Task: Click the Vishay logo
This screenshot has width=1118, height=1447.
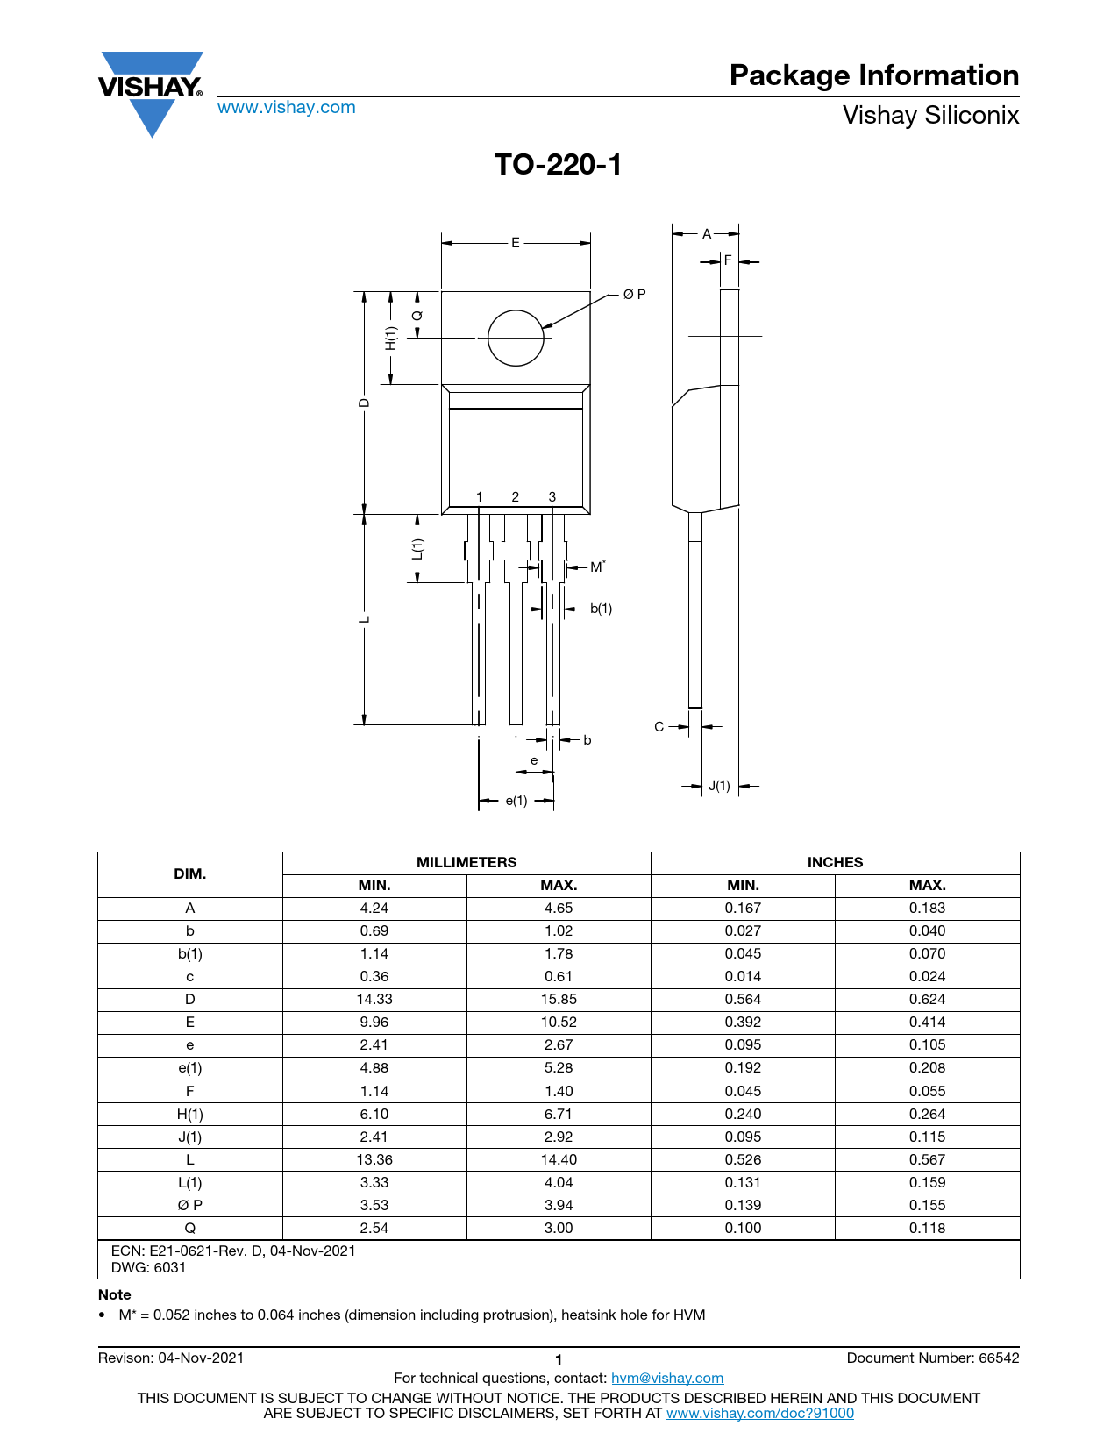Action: coord(151,94)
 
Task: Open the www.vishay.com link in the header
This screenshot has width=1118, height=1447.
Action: coord(287,107)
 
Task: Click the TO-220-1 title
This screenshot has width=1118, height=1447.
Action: coord(558,165)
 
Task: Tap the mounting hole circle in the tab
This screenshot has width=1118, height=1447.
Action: coord(516,338)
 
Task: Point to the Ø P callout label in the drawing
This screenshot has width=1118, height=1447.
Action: coord(634,294)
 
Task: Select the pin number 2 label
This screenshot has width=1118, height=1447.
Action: coord(515,496)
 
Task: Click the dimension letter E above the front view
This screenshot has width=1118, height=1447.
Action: coord(516,243)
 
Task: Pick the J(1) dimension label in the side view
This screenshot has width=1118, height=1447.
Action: coord(719,786)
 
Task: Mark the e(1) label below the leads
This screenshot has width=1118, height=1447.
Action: coord(516,801)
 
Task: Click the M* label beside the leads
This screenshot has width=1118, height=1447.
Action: coord(597,567)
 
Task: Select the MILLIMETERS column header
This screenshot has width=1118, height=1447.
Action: coord(466,862)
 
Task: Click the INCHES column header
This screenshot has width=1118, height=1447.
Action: coord(835,862)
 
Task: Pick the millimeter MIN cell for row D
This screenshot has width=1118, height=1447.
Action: coord(374,999)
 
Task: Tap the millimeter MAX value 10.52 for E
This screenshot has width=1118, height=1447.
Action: coord(558,1022)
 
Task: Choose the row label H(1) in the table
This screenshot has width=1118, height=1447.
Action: coord(189,1114)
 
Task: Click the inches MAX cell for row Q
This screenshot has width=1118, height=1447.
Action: coord(927,1227)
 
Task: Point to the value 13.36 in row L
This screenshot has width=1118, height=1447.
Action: coord(374,1159)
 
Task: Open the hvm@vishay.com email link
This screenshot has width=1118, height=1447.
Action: coord(667,1378)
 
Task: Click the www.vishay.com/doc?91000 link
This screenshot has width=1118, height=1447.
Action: coord(759,1413)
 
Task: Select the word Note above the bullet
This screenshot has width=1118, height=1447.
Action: coord(115,1294)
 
